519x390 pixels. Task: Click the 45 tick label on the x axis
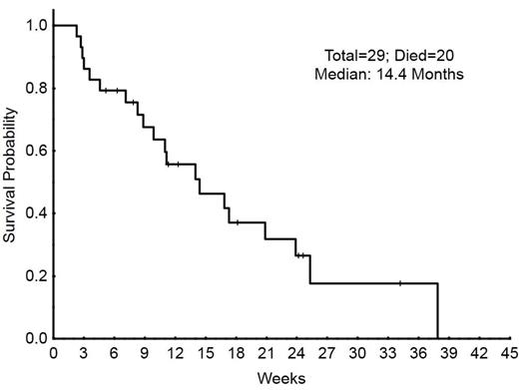(x=509, y=353)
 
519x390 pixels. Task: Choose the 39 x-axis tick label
(x=448, y=353)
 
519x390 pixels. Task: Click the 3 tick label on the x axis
(x=83, y=353)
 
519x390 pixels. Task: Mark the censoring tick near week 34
(x=399, y=283)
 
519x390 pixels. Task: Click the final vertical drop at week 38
(x=437, y=311)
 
